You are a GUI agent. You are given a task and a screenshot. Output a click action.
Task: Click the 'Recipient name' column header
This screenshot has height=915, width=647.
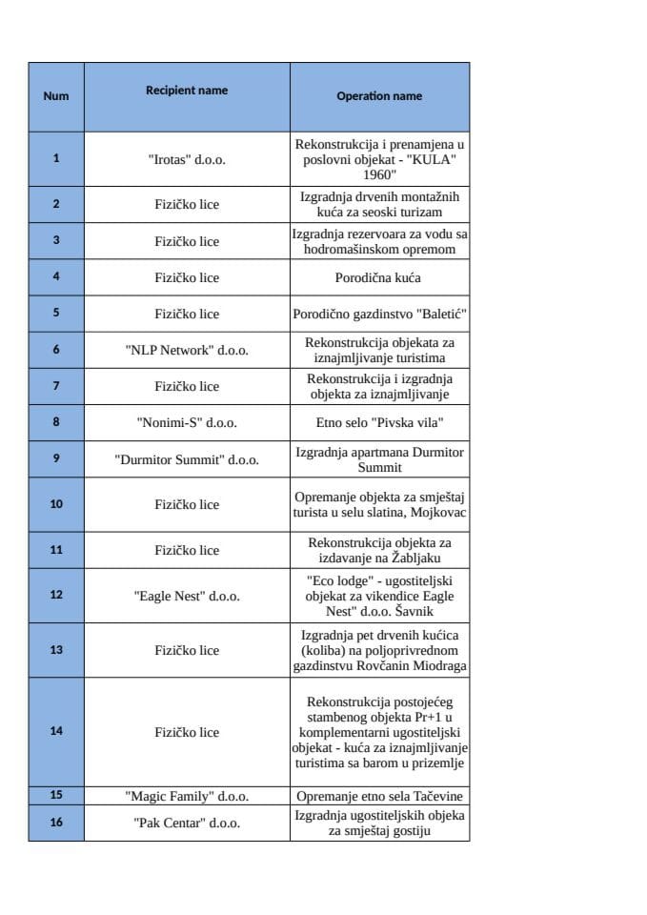187,91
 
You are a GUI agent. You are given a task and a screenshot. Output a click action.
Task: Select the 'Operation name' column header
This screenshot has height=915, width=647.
379,95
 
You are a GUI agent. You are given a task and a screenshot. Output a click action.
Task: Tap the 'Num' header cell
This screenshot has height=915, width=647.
56,95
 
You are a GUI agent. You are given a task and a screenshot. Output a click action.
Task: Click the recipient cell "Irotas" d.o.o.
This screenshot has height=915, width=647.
187,159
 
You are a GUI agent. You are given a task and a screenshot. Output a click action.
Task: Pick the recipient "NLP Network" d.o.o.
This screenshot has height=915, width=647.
187,350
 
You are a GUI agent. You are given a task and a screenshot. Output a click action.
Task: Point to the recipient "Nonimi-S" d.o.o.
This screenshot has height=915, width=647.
187,422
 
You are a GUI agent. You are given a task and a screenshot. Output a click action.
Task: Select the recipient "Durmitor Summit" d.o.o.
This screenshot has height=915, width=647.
187,458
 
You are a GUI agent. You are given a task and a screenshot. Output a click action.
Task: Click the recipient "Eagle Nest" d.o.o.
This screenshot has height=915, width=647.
187,596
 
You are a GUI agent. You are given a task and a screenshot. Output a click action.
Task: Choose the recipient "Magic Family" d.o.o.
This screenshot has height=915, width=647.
187,795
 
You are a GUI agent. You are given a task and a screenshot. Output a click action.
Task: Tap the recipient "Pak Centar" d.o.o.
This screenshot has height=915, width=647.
187,822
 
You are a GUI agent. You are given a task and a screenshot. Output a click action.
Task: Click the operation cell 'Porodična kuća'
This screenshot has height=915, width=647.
378,277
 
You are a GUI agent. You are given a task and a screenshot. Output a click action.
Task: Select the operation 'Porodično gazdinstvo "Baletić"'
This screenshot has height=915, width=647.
379,314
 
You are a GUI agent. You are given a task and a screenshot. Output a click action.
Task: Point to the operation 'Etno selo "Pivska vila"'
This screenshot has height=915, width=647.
379,422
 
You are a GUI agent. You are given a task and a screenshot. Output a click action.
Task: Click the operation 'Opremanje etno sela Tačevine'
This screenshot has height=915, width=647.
379,795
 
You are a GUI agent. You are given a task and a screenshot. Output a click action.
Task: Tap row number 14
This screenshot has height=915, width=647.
56,731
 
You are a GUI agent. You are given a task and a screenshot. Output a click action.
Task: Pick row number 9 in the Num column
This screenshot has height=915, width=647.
56,458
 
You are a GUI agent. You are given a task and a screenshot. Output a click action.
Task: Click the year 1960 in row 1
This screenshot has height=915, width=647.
379,174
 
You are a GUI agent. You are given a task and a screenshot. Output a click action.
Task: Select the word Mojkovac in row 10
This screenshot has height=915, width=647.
438,513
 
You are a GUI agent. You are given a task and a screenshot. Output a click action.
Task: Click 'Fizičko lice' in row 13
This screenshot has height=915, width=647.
187,650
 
